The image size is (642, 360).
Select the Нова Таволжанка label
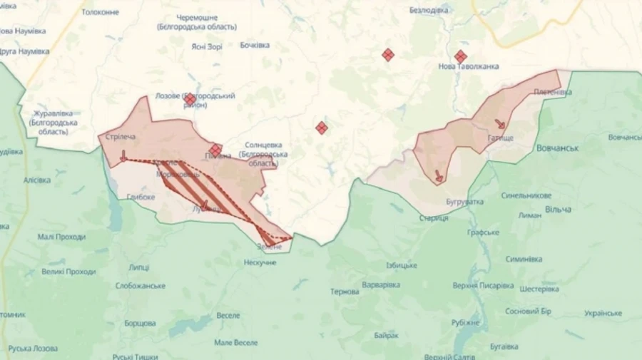(x=468, y=66)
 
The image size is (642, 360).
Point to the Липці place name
(x=139, y=267)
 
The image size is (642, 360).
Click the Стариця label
(x=434, y=217)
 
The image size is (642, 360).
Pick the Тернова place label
(x=345, y=292)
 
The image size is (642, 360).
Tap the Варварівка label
(x=380, y=284)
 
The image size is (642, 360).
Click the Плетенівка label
(x=552, y=92)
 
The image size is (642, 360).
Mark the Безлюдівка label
(x=429, y=11)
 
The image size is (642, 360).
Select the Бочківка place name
(x=255, y=45)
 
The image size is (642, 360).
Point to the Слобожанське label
(x=141, y=285)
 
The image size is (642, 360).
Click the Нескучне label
(x=260, y=262)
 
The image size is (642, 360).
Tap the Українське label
(x=603, y=313)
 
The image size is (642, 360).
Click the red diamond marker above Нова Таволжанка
(x=461, y=56)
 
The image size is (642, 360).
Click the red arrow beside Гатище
(x=500, y=123)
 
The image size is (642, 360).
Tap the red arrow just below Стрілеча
(x=123, y=155)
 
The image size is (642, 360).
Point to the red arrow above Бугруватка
(x=438, y=175)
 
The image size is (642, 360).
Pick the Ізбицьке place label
(x=402, y=265)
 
